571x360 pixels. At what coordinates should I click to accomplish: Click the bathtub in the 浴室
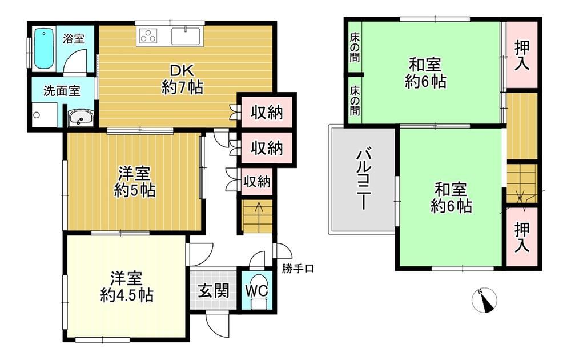click(x=44, y=49)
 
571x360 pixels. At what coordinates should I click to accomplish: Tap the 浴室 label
click(x=74, y=38)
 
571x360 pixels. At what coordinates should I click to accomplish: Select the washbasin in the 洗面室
click(x=81, y=118)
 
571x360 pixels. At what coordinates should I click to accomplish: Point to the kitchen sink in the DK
click(x=186, y=36)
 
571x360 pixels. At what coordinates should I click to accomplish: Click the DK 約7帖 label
click(x=183, y=79)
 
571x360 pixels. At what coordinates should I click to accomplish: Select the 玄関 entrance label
click(x=214, y=291)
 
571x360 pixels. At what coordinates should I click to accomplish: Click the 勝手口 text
click(x=297, y=269)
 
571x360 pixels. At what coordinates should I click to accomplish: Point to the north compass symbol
click(x=484, y=300)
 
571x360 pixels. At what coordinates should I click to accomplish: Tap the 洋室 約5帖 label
click(x=134, y=182)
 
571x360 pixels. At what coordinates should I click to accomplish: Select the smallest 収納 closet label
click(x=257, y=181)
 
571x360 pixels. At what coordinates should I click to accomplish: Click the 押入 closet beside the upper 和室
click(x=522, y=55)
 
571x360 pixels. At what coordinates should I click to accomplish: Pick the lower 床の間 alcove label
click(x=355, y=101)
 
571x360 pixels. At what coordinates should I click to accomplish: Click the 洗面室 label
click(x=62, y=91)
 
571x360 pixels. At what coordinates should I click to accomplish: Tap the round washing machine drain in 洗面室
click(x=37, y=115)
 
